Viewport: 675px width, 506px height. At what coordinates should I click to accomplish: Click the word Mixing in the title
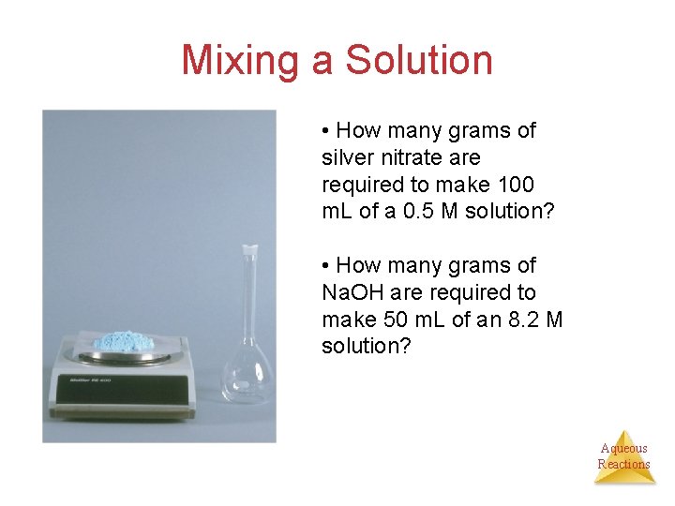pos(241,61)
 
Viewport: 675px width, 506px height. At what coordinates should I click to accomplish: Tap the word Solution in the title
pos(418,60)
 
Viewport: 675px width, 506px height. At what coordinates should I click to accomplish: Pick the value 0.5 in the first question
pos(413,212)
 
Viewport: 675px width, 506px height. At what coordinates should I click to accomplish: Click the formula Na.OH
pos(354,292)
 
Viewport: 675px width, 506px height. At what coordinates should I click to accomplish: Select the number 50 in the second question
pos(401,320)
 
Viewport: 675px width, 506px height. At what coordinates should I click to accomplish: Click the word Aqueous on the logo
pos(623,448)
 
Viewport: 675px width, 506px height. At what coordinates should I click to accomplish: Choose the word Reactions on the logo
pos(623,464)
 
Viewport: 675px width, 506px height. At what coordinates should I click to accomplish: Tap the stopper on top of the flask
pos(248,250)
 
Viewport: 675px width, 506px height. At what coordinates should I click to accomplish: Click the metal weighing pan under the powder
pos(123,357)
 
